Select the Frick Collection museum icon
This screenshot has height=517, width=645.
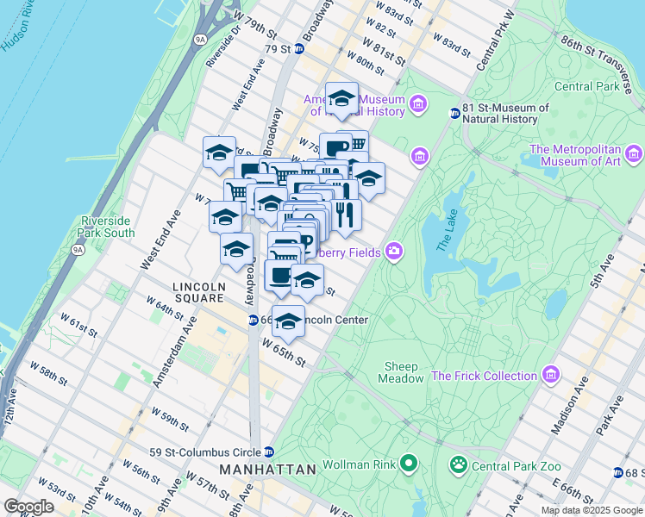[x=550, y=376]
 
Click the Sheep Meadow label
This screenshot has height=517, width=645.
[x=402, y=372]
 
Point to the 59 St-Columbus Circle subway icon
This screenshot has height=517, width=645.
[x=269, y=452]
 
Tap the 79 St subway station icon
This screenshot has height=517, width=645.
[x=299, y=49]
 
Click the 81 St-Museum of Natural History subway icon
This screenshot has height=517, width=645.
[x=455, y=114]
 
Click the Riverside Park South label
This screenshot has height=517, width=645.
[x=106, y=227]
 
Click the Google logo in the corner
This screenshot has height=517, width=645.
[x=28, y=507]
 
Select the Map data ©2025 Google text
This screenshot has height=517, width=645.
[x=591, y=510]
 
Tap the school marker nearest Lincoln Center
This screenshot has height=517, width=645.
[x=288, y=321]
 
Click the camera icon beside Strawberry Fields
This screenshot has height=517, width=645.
[x=394, y=251]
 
